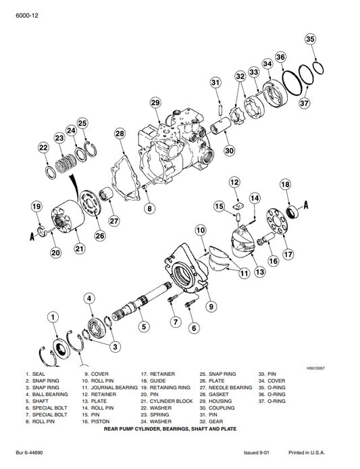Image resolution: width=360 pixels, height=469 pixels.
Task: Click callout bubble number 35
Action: point(310,39)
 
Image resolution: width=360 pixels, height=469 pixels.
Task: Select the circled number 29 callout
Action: point(155,102)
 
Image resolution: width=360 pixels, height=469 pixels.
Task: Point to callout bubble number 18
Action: point(285,184)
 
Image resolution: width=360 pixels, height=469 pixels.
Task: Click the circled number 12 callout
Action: point(234,182)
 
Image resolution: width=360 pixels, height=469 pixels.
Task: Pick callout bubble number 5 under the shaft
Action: point(143,326)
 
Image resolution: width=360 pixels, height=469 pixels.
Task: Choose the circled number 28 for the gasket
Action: point(120,134)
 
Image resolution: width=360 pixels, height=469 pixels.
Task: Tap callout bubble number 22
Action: point(43,147)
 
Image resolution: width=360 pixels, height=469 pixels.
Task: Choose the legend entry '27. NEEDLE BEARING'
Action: point(226,388)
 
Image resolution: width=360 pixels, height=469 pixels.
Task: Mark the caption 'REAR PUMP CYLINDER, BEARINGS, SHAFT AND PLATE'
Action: point(180,428)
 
